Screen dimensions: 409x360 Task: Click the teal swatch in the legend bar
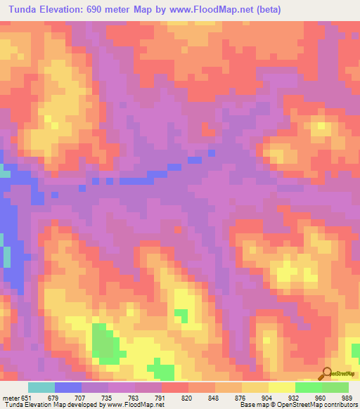(41, 387)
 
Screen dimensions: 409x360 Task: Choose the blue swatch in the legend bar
(68, 387)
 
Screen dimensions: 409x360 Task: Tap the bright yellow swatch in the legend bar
(281, 387)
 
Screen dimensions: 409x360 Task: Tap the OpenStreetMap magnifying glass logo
(326, 374)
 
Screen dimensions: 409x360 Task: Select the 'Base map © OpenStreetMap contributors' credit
(296, 405)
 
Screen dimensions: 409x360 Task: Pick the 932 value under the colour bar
(285, 396)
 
